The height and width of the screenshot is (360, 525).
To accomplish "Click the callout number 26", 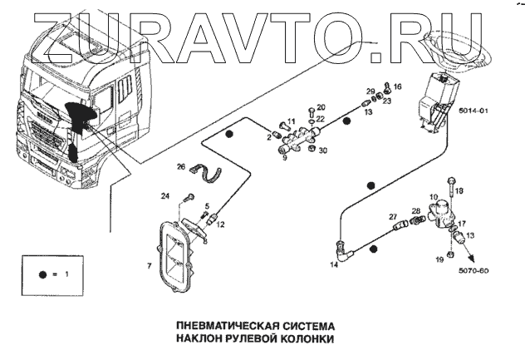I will [x=181, y=166].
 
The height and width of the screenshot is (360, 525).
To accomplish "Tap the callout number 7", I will [x=149, y=267].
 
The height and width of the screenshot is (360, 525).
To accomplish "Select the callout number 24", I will [x=166, y=196].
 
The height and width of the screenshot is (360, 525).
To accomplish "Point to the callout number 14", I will [x=334, y=265].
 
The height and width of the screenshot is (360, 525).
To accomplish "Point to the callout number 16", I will [x=397, y=86].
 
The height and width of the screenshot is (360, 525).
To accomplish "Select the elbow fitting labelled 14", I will [x=343, y=246].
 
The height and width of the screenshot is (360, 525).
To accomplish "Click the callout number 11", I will [x=292, y=122].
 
